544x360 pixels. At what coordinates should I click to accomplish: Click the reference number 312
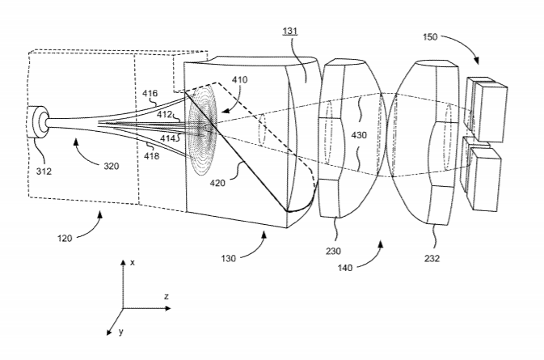(44, 172)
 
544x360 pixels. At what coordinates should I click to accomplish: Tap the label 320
(112, 167)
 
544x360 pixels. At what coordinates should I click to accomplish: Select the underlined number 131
(290, 31)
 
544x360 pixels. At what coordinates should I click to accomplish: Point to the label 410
(240, 80)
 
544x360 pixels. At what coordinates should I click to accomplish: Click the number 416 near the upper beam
(150, 93)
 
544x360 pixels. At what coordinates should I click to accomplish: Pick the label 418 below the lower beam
(152, 156)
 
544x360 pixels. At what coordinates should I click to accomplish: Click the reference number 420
(217, 183)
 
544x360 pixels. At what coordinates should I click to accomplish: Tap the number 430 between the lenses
(359, 135)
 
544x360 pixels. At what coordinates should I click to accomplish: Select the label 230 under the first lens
(333, 251)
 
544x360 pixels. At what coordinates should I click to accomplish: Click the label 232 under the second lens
(432, 258)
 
